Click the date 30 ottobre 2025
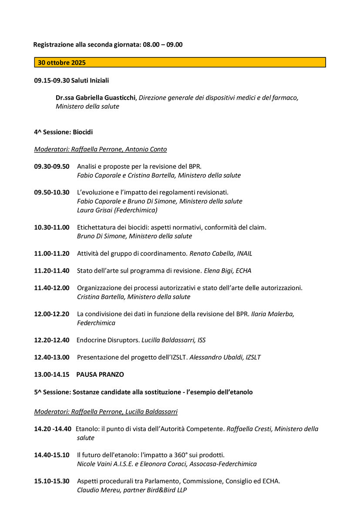click(x=62, y=63)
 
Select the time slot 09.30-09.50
click(x=52, y=167)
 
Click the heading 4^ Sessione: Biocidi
click(x=63, y=132)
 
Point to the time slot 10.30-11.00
click(x=52, y=227)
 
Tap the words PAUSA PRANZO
click(x=100, y=375)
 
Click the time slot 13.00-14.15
click(x=52, y=375)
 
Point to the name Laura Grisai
click(x=95, y=210)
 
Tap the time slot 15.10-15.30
click(x=52, y=481)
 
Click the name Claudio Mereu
click(x=96, y=490)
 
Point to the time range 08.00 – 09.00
click(x=163, y=45)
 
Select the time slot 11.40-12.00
click(x=52, y=288)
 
